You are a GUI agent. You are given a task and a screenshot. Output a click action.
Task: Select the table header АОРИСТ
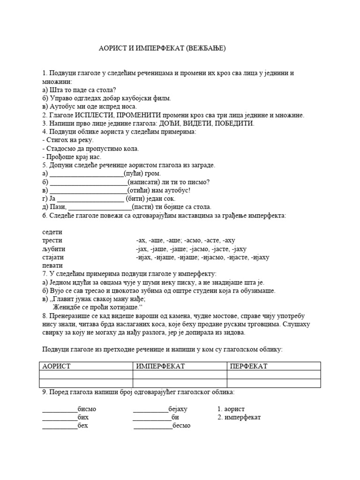[x=57, y=366]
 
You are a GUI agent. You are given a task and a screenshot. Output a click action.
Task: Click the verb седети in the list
[x=52, y=232]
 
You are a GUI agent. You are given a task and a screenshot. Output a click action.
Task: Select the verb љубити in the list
[x=53, y=249]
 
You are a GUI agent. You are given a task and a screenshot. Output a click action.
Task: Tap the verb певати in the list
[x=52, y=266]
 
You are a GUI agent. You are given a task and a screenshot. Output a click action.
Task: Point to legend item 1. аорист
[x=231, y=409]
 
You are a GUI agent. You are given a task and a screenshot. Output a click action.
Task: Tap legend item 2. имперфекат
[x=239, y=417]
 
